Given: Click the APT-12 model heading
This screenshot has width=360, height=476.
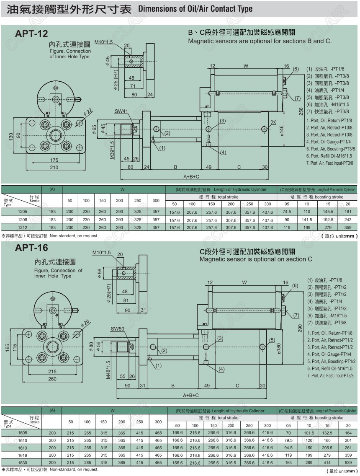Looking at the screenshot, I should pyautogui.click(x=31, y=34).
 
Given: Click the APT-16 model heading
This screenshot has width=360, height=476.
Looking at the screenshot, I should pyautogui.click(x=31, y=248).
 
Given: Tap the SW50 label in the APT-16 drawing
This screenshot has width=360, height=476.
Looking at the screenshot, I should pyautogui.click(x=118, y=329).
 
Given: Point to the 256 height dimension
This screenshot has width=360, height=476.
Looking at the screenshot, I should pyautogui.click(x=301, y=111).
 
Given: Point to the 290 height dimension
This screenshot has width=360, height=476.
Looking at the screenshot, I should pyautogui.click(x=300, y=328).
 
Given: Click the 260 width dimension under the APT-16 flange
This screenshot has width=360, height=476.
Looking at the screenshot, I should pyautogui.click(x=52, y=379).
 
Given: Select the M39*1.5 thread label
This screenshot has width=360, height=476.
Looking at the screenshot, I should pyautogui.click(x=112, y=150).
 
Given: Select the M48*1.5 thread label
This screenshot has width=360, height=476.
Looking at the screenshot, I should pyautogui.click(x=108, y=370).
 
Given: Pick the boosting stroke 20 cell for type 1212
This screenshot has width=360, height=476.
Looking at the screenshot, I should pyautogui.click(x=347, y=228).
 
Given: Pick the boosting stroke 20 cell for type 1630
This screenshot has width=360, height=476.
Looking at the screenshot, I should pyautogui.click(x=347, y=463).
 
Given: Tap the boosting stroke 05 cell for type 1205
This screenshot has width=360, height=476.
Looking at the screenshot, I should pyautogui.click(x=287, y=212).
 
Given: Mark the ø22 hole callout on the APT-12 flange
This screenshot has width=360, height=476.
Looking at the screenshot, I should pyautogui.click(x=88, y=113).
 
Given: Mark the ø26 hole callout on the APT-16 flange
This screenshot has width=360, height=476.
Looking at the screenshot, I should pyautogui.click(x=85, y=323).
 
